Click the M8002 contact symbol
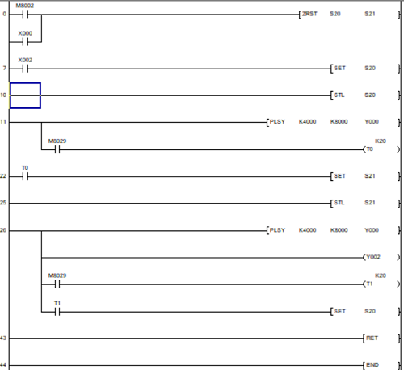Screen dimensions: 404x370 pos(25,15)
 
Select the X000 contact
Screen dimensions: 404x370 pos(25,42)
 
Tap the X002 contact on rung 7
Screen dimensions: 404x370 pos(25,69)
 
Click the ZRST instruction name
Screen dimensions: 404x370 pos(309,14)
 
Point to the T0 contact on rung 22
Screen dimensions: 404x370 pos(25,177)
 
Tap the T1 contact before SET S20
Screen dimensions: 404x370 pos(57,312)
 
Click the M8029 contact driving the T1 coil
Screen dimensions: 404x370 pos(57,284)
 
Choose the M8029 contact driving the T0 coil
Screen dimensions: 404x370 pos(57,149)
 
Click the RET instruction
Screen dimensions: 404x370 pos(372,338)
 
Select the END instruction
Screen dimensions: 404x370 pos(372,365)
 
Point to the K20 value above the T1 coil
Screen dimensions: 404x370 pos(381,275)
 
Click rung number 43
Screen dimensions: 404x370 pos(3,338)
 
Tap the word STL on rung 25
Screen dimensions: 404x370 pos(339,203)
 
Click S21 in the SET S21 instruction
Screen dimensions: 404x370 pos(370,175)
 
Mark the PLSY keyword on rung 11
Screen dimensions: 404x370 pos(277,121)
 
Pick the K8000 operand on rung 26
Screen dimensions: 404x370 pos(339,230)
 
